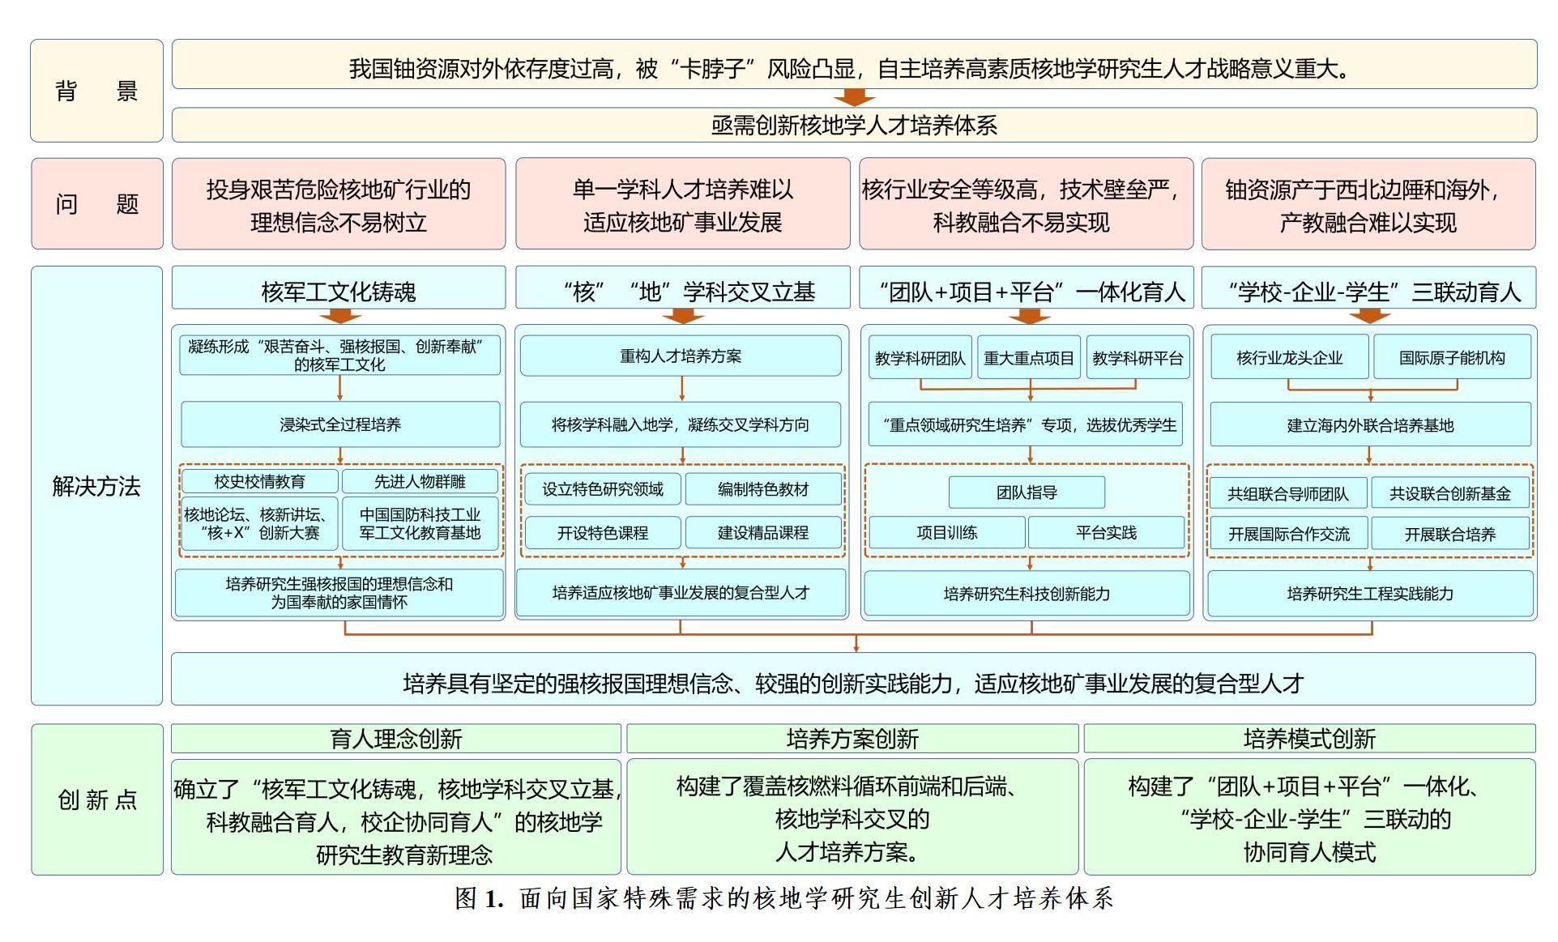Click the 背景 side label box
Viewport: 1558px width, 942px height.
[96, 91]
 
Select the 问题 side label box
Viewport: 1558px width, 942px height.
[96, 203]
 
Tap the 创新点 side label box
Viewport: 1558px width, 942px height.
[96, 799]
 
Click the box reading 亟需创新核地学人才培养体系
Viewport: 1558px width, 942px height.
[854, 125]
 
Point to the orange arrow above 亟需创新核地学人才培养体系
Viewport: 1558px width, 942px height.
[854, 97]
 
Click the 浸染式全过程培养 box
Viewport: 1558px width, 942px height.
[340, 424]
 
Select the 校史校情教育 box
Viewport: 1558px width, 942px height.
[259, 481]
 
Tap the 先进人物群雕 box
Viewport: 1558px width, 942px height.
[420, 481]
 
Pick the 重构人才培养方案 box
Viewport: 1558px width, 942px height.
[681, 356]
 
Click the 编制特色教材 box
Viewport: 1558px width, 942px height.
[763, 489]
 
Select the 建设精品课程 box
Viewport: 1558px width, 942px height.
[763, 533]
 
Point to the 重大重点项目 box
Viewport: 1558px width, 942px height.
[1029, 358]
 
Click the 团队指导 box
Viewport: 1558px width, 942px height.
[1027, 492]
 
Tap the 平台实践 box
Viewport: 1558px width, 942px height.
[1106, 533]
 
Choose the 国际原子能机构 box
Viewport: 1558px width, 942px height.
[1452, 357]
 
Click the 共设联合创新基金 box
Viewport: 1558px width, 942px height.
[1450, 493]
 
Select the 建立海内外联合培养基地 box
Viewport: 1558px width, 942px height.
[1371, 425]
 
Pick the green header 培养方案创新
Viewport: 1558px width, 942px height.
[852, 739]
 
